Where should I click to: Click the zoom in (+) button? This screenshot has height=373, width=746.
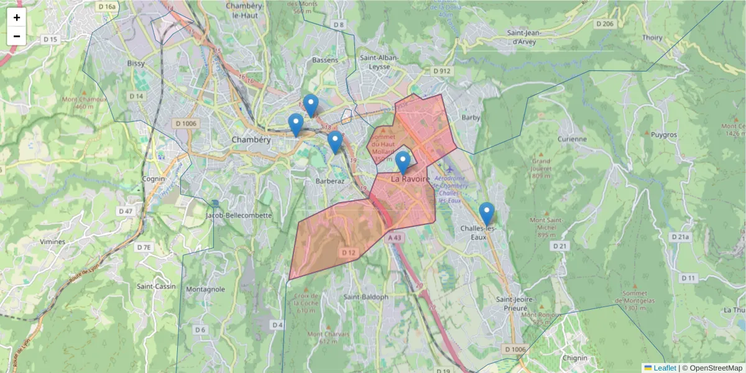pyautogui.click(x=17, y=17)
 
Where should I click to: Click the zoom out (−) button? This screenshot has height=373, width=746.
pyautogui.click(x=17, y=36)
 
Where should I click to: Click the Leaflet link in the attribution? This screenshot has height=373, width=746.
pyautogui.click(x=664, y=367)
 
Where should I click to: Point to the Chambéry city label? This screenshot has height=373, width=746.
pyautogui.click(x=251, y=140)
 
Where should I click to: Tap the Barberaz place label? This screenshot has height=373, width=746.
pyautogui.click(x=330, y=181)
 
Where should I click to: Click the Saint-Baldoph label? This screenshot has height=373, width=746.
pyautogui.click(x=366, y=297)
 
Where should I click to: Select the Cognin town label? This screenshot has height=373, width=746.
pyautogui.click(x=154, y=178)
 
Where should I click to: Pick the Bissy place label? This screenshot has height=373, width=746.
pyautogui.click(x=136, y=63)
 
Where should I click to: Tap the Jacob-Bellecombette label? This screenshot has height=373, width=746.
pyautogui.click(x=239, y=215)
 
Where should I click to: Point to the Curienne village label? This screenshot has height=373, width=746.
pyautogui.click(x=572, y=139)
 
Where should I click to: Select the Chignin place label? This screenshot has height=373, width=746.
pyautogui.click(x=574, y=358)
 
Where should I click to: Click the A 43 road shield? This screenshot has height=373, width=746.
pyautogui.click(x=394, y=237)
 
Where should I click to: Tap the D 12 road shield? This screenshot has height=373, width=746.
pyautogui.click(x=349, y=252)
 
